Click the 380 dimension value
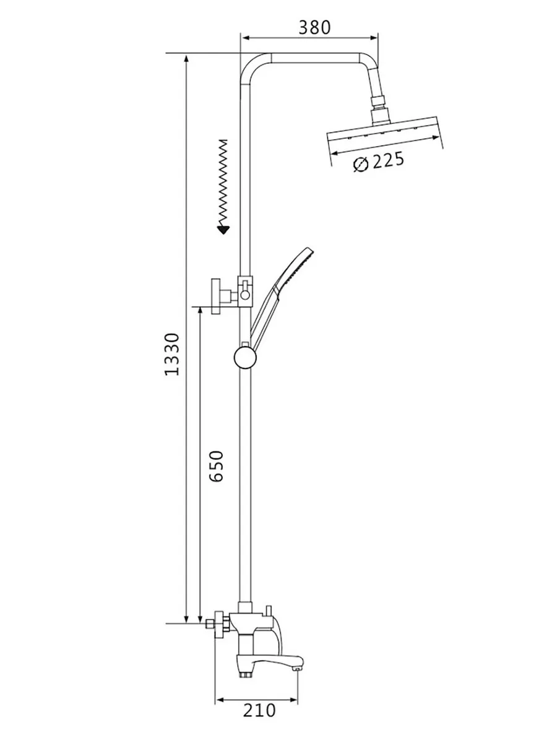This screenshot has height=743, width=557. click(314, 27)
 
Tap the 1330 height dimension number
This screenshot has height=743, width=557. click(171, 355)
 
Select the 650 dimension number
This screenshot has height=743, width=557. click(217, 466)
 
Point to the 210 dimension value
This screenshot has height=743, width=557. click(259, 701)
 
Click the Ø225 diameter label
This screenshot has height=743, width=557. click(379, 162)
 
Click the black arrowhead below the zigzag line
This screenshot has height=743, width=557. click(223, 230)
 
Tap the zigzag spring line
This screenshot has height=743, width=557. click(223, 183)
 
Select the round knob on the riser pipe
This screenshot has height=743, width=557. click(245, 358)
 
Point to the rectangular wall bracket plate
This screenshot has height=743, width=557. click(216, 296)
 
